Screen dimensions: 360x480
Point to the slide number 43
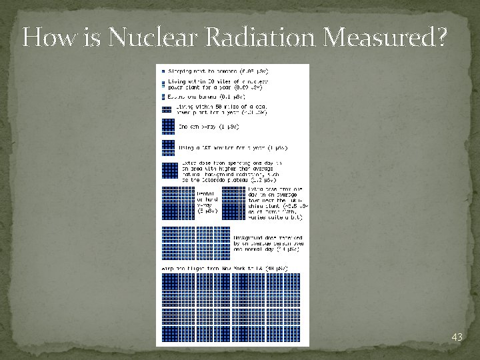click(457, 337)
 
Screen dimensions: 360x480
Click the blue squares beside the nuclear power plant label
click(162, 84)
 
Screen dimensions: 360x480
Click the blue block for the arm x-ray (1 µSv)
click(168, 126)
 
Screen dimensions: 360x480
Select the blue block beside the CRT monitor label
click(168, 147)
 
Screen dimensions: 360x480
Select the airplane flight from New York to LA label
click(225, 268)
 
